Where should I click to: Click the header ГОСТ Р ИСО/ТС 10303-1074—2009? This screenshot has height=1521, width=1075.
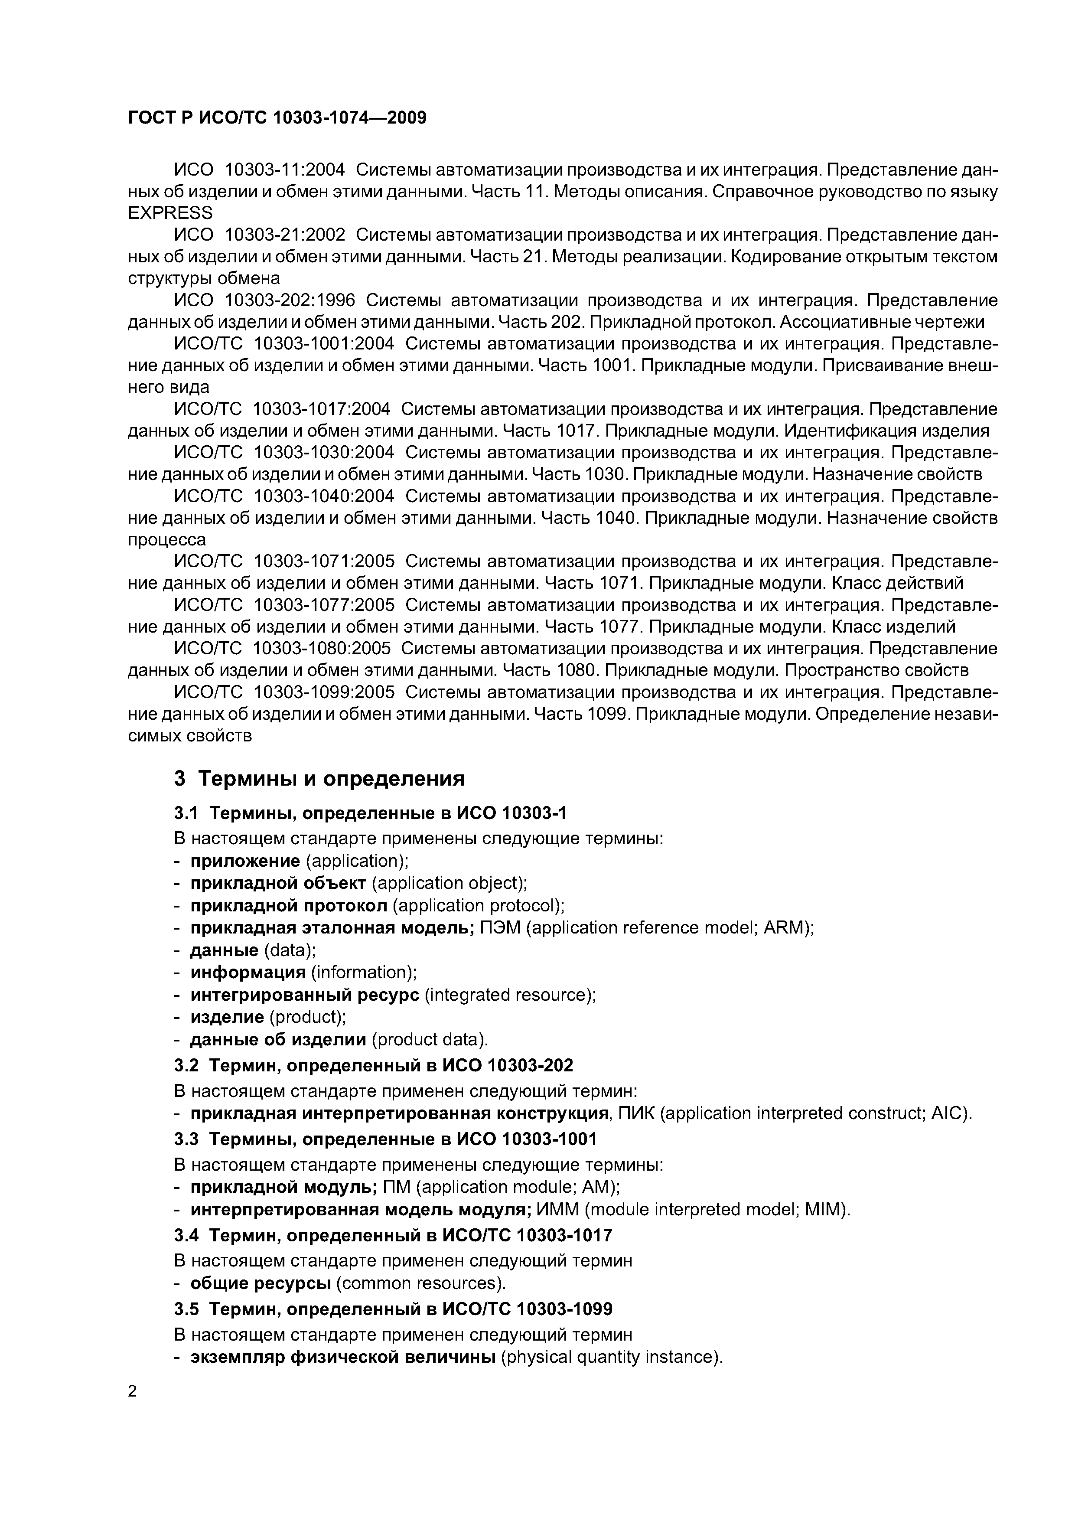(277, 118)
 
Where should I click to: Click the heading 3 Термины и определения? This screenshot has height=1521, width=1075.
(319, 778)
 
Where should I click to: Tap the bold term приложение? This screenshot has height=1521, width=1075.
(245, 861)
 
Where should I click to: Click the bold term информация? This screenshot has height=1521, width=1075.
(248, 973)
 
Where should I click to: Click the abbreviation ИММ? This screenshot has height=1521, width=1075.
(558, 1210)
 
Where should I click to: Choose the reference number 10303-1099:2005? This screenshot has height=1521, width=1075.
(324, 692)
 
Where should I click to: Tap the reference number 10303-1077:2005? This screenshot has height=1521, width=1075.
(324, 605)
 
